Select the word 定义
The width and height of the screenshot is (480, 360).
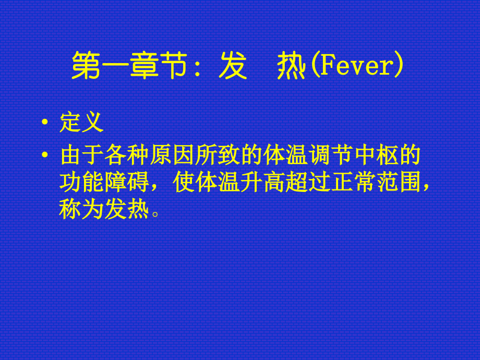82,123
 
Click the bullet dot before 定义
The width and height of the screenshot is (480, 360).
46,124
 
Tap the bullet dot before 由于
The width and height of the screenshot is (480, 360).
46,156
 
